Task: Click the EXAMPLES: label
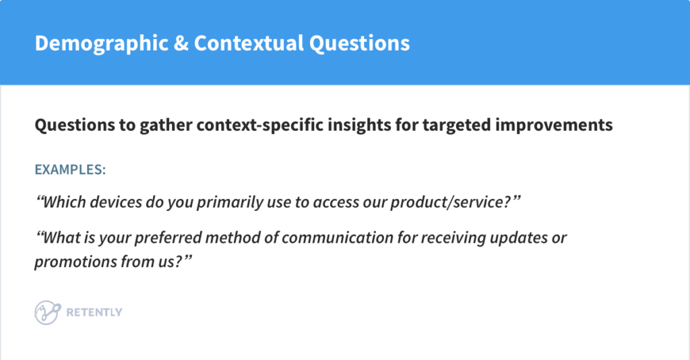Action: point(70,169)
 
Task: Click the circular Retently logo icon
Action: point(45,312)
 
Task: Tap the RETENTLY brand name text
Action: point(94,313)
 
